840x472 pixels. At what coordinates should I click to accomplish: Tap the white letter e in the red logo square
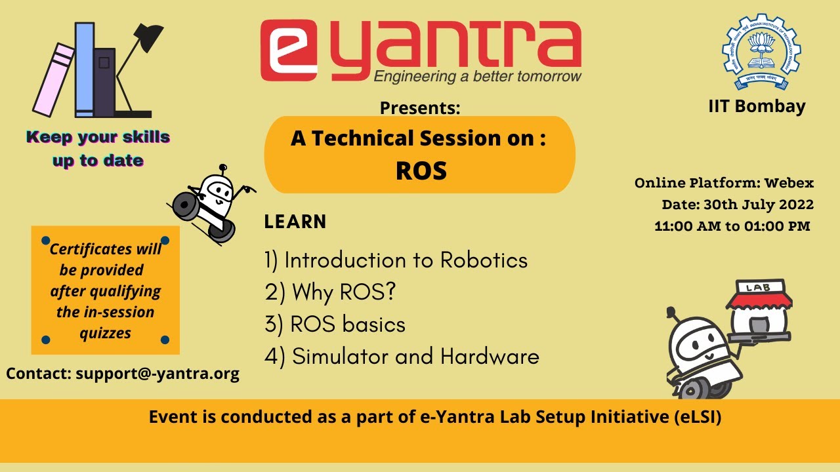click(288, 51)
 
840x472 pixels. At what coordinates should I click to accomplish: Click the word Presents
click(419, 108)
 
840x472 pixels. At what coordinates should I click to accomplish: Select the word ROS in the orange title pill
click(421, 170)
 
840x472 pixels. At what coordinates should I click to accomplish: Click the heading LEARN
click(295, 222)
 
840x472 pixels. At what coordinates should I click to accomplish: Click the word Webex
click(788, 183)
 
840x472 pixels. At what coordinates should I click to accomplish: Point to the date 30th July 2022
click(758, 205)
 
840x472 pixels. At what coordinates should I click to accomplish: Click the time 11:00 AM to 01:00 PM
click(732, 226)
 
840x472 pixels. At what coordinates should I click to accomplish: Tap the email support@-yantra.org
click(157, 374)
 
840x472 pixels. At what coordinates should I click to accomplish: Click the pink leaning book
click(54, 79)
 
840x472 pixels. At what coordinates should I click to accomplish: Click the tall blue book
click(84, 69)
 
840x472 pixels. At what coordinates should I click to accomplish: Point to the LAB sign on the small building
click(753, 287)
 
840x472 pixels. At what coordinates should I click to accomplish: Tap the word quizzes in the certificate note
click(105, 333)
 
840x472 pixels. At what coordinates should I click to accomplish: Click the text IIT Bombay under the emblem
click(757, 106)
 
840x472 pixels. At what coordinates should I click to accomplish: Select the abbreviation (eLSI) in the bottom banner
click(697, 417)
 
